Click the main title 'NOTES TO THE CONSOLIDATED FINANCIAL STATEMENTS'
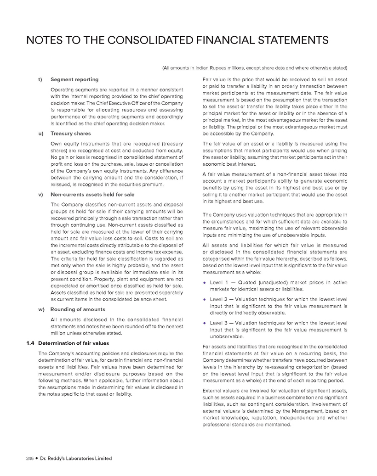(x=177, y=41)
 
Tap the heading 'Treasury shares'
(x=70, y=134)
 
